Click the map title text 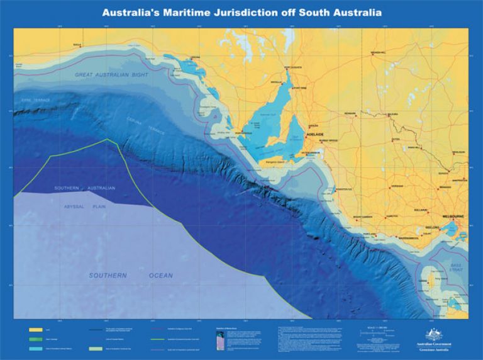(241, 12)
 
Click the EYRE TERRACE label (35, 99)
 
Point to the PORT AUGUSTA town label (294, 67)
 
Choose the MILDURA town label (394, 115)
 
